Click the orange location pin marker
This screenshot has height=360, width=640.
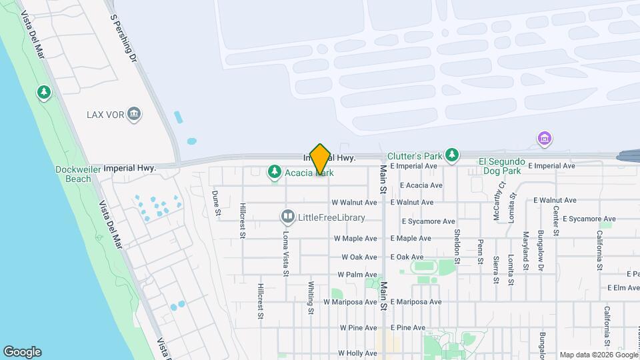[x=320, y=159]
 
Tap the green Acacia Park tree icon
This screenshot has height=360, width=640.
[x=274, y=173]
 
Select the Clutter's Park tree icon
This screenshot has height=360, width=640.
[x=453, y=155]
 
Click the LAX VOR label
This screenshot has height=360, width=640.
[x=106, y=115]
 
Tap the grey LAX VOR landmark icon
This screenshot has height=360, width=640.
[x=134, y=115]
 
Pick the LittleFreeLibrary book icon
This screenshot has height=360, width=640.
[x=287, y=217]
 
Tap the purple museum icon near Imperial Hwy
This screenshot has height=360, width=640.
[x=545, y=139]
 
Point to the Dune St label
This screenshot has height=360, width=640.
[x=216, y=204]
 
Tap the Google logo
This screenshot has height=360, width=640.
[x=22, y=352]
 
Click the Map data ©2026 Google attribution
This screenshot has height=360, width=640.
[x=598, y=355]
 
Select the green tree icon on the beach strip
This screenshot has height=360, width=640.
[x=45, y=92]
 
